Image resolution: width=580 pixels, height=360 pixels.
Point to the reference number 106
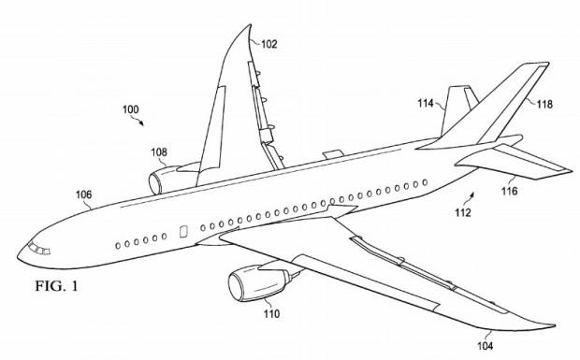[84, 194]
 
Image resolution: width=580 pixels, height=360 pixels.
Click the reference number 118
[544, 106]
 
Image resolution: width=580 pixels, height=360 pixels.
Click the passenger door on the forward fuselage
[183, 231]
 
